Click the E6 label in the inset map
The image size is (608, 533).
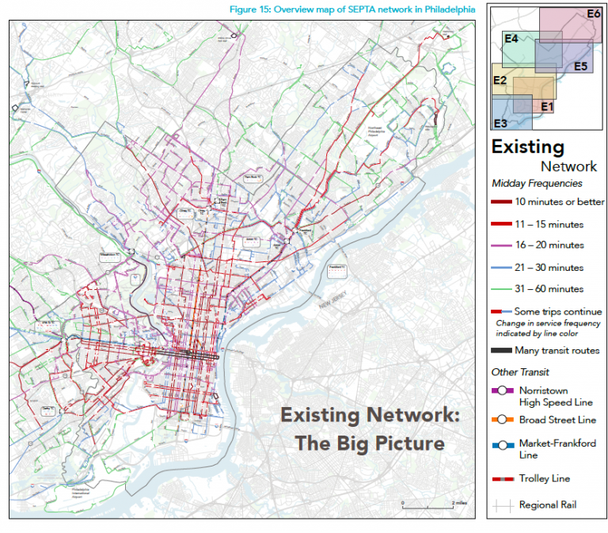(x=593, y=14)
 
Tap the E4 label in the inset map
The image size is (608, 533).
(x=511, y=38)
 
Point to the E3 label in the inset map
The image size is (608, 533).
(x=500, y=124)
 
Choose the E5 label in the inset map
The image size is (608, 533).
(x=579, y=66)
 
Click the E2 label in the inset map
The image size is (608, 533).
(x=500, y=80)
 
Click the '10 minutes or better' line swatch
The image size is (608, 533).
(x=501, y=202)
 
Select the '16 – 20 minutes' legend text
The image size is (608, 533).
(x=549, y=246)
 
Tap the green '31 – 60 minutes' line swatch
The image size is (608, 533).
(x=501, y=289)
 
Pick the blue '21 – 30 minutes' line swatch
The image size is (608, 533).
(x=501, y=268)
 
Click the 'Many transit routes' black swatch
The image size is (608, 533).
(x=501, y=350)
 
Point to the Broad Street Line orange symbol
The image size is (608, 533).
(x=502, y=420)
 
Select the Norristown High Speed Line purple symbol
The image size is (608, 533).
(x=502, y=390)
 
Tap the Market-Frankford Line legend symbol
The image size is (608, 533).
(x=502, y=444)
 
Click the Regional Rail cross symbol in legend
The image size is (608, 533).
(x=501, y=504)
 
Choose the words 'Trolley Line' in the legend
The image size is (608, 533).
(x=544, y=478)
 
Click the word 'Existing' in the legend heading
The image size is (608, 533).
(x=527, y=147)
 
